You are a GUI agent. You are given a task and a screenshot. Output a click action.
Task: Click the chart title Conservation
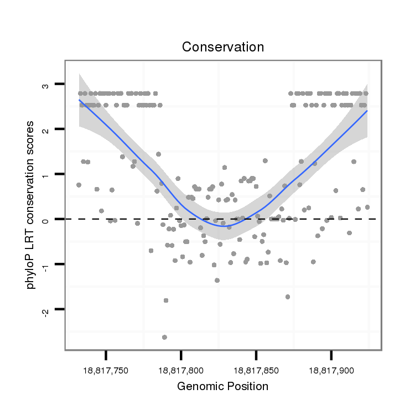pyautogui.click(x=223, y=47)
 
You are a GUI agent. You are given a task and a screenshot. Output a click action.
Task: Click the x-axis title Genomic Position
pyautogui.click(x=222, y=386)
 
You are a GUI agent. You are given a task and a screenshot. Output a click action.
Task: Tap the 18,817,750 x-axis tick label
pyautogui.click(x=106, y=369)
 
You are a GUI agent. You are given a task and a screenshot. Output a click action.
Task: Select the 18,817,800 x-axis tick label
pyautogui.click(x=181, y=369)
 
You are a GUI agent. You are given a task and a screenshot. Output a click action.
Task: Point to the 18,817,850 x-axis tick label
pyautogui.click(x=256, y=369)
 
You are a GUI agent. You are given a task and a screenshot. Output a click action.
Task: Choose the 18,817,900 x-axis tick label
pyautogui.click(x=331, y=369)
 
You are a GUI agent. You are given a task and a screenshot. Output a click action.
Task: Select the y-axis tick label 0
pyautogui.click(x=46, y=220)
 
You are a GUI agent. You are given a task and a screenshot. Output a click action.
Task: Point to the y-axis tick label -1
pyautogui.click(x=46, y=266)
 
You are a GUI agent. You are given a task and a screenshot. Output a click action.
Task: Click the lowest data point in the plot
pyautogui.click(x=164, y=337)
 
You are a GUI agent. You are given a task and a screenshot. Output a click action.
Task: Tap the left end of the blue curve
pyautogui.click(x=80, y=100)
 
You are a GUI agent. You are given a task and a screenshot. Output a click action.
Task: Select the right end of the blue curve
pyautogui.click(x=366, y=111)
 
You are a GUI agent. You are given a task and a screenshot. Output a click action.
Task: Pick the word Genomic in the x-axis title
pyautogui.click(x=198, y=386)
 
